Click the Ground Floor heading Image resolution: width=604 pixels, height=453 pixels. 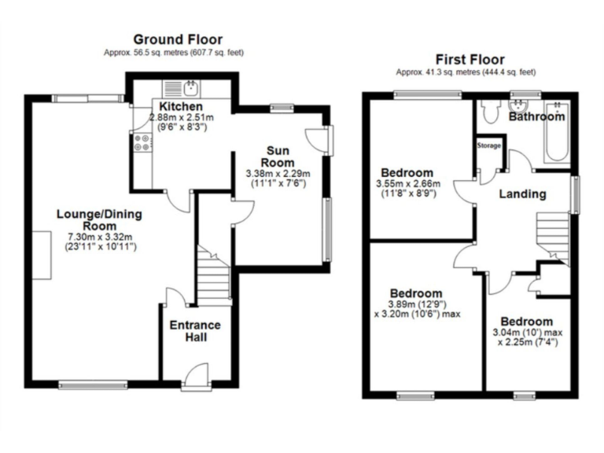[x=177, y=39]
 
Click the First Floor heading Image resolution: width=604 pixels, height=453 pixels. [x=470, y=60]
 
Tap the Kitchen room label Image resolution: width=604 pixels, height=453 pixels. [x=181, y=107]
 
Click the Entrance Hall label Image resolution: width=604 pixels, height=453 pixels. [x=195, y=332]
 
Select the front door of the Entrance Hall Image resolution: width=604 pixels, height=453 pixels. [x=194, y=378]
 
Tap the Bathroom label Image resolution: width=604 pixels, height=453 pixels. [x=536, y=116]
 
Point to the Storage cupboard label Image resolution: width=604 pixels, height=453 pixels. [x=488, y=145]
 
